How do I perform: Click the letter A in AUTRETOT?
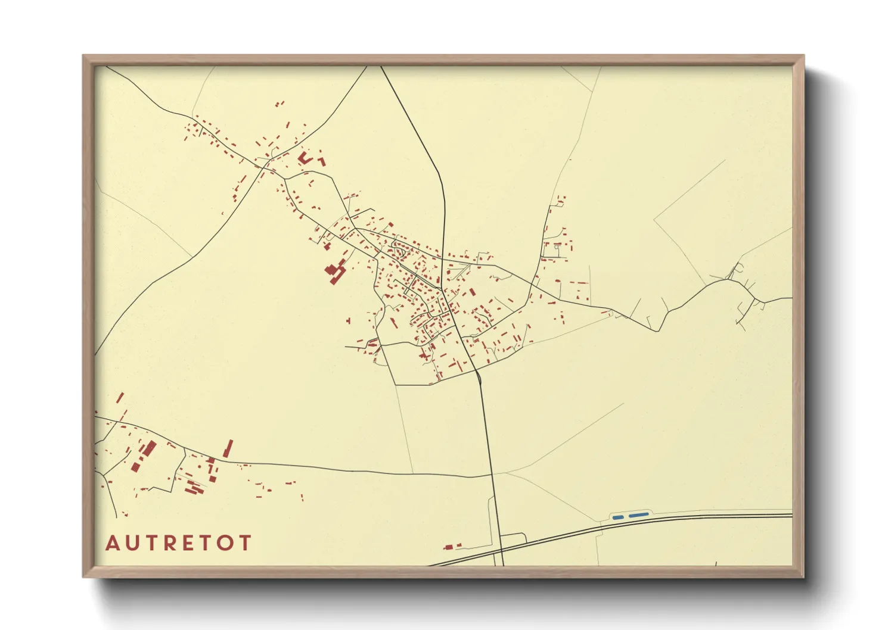pyautogui.click(x=112, y=543)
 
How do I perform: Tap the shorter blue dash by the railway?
pyautogui.click(x=617, y=517)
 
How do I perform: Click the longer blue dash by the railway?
pyautogui.click(x=639, y=514)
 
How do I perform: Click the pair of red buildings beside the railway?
pyautogui.click(x=453, y=546)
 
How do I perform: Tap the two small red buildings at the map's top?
pyautogui.click(x=279, y=104)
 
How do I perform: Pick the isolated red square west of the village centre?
pyautogui.click(x=349, y=321)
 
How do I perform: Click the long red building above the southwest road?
pyautogui.click(x=228, y=449)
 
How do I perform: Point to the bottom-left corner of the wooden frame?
pyautogui.click(x=83, y=577)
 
